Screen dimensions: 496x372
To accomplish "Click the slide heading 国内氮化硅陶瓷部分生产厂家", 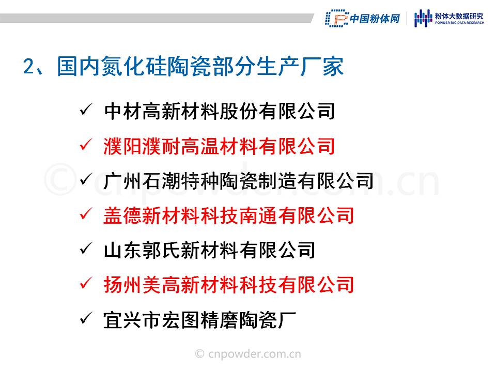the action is (200, 67).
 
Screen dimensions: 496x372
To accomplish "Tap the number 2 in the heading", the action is (29, 67).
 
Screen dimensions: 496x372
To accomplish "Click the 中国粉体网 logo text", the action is (375, 19).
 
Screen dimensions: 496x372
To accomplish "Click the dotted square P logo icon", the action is (336, 18).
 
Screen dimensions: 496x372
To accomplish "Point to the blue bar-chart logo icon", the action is (423, 18).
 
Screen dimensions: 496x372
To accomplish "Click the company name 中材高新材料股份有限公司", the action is (219, 112).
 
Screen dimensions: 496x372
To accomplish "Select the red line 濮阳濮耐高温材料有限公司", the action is (219, 146).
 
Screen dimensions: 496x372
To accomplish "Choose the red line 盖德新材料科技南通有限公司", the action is (229, 216).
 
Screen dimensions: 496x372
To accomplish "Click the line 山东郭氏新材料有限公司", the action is (209, 250).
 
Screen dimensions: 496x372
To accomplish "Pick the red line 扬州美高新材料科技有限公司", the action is (229, 285).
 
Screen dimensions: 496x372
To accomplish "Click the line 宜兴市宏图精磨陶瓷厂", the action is (199, 320).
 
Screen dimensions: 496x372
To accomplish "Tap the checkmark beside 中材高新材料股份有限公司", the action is (86, 110).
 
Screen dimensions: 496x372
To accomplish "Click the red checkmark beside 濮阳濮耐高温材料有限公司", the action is (86, 145).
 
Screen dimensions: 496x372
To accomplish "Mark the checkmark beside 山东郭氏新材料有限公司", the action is (86, 249).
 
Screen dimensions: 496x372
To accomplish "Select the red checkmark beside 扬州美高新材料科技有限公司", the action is (86, 283).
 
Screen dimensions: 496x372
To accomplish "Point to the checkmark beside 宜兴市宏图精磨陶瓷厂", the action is (86, 318).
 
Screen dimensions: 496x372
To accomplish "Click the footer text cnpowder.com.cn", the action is (255, 354).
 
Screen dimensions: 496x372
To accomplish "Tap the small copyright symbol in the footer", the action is (199, 353).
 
